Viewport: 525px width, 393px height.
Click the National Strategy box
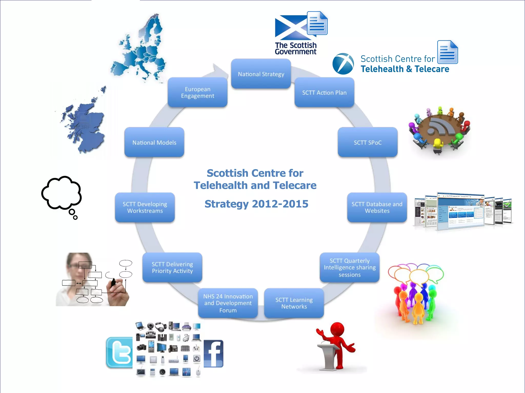coord(261,74)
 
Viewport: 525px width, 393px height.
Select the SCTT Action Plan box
coord(324,93)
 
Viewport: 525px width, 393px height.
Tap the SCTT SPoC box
coord(368,142)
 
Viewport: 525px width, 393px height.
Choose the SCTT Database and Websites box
coord(377,208)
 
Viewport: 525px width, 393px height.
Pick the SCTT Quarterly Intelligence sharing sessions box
coord(349,268)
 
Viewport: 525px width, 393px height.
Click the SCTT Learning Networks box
coord(294,303)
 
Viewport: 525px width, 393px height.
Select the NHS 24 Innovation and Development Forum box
coord(228,303)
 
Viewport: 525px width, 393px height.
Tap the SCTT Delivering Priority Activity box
coord(172,268)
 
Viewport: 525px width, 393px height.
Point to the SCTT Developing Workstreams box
coord(145,208)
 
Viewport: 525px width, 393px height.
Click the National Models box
coord(154,142)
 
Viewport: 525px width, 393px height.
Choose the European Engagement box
coord(197,93)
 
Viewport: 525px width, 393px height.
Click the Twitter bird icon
coord(119,353)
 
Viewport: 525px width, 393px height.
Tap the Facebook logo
coord(214,354)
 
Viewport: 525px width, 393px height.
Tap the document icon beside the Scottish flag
coord(317,23)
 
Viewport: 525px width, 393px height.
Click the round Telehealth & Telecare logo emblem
coord(343,64)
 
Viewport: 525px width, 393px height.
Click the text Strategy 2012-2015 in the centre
coord(256,204)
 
